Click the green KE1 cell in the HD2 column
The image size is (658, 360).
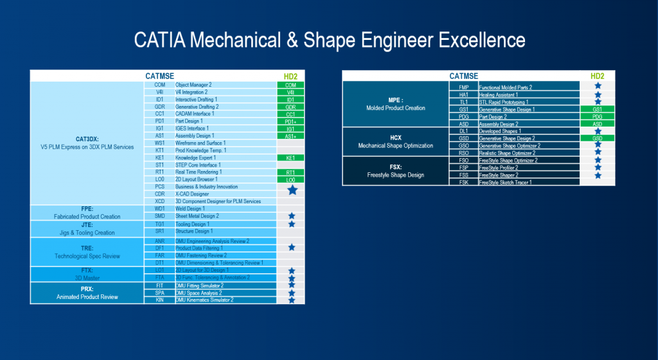click(x=290, y=157)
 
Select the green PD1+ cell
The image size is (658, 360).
click(x=290, y=121)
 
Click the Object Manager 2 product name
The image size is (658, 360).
click(x=193, y=85)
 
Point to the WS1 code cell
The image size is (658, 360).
click(x=159, y=143)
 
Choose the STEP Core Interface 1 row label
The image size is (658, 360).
click(x=198, y=165)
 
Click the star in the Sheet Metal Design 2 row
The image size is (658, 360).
click(x=291, y=216)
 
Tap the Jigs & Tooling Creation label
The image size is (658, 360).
click(x=87, y=233)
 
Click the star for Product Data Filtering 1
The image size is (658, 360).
click(x=291, y=248)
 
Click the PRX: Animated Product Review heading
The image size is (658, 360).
click(x=87, y=293)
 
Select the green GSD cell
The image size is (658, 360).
click(x=597, y=138)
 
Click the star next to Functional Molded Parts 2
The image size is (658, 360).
click(x=598, y=86)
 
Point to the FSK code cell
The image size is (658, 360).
click(x=463, y=182)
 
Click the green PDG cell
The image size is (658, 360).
click(x=597, y=117)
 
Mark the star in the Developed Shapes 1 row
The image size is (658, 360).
click(x=598, y=131)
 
